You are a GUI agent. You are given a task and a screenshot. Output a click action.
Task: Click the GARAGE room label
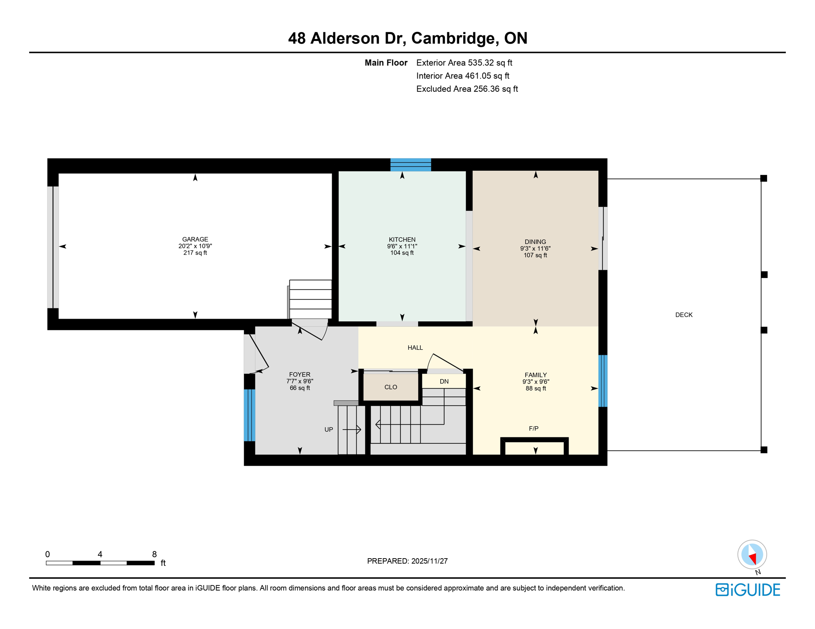195,239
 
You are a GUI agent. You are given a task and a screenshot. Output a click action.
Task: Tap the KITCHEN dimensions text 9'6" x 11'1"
402,246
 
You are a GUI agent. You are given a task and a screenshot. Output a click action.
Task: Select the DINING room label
535,242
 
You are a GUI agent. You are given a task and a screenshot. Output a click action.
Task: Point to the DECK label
683,314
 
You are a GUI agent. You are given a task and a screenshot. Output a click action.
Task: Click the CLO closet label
390,387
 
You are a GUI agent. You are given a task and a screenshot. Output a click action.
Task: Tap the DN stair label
444,381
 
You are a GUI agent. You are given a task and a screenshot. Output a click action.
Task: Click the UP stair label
328,429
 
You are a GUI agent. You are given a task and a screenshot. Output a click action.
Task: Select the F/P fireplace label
533,428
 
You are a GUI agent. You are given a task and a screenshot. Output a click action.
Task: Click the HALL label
415,348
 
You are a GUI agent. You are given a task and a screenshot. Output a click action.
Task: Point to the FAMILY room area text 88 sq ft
535,388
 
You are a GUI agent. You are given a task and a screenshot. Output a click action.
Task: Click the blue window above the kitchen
410,165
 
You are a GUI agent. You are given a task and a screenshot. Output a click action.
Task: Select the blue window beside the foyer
249,415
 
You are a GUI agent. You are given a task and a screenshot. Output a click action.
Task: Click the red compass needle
753,558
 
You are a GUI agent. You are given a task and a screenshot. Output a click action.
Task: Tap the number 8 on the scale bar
154,554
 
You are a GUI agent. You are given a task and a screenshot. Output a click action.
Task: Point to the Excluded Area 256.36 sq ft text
467,89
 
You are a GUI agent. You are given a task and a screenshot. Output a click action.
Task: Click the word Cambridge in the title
455,38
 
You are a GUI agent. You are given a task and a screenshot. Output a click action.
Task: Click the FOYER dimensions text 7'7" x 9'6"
300,381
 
